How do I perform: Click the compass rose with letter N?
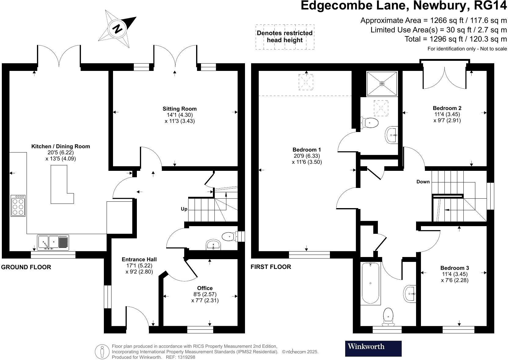click(117, 29)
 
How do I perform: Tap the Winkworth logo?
click(373, 348)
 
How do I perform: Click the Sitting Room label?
click(179, 109)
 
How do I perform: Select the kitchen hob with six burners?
click(18, 206)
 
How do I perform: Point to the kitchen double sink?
click(53, 242)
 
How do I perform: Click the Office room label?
click(205, 288)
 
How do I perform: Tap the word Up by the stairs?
click(184, 209)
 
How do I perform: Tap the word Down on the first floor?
click(423, 182)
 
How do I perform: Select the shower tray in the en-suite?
click(382, 83)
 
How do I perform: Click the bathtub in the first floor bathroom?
click(371, 283)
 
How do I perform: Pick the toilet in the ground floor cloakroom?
click(230, 236)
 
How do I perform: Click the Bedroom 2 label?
click(447, 108)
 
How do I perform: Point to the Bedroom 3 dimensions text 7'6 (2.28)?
click(455, 280)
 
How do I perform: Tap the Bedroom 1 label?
click(306, 150)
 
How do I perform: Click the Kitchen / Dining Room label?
click(60, 146)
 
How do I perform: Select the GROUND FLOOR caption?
click(26, 267)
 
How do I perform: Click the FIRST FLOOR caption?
click(271, 267)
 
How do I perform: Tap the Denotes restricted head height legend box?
click(284, 37)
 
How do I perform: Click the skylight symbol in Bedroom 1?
click(305, 82)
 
